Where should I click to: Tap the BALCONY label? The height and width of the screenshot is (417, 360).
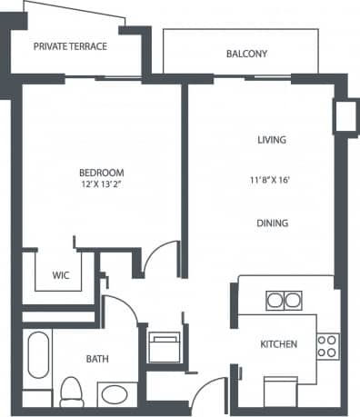click(246, 55)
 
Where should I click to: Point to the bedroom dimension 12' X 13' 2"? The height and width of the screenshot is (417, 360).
click(101, 184)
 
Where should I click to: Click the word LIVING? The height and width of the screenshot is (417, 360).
click(272, 140)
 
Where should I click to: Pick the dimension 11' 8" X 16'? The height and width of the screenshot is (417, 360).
click(272, 180)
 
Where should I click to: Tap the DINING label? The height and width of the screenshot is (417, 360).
click(272, 223)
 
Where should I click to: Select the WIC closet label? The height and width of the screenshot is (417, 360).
click(61, 274)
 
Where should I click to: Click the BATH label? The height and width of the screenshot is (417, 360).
click(97, 360)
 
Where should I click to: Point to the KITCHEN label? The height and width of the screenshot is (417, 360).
click(275, 345)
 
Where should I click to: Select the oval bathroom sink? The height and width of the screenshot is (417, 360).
click(114, 395)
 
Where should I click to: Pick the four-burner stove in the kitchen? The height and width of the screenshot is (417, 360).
click(326, 345)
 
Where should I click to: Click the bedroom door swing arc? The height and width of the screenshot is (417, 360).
click(161, 258)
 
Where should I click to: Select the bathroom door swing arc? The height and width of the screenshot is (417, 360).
click(121, 309)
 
